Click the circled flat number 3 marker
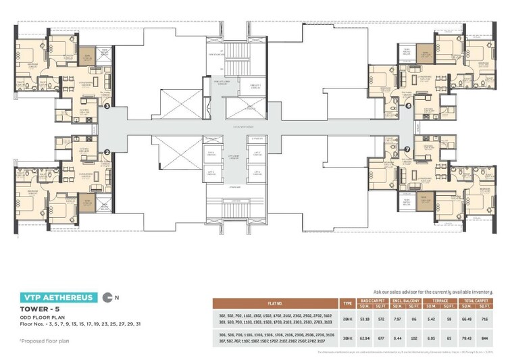tap(107, 105)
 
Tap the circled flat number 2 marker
tap(107, 152)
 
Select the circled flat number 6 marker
tap(408, 105)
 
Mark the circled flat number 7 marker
tap(407, 149)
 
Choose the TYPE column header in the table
tap(347, 303)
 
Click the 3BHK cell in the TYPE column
tap(347, 338)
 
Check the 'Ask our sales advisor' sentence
tap(431, 290)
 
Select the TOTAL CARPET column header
tap(474, 300)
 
